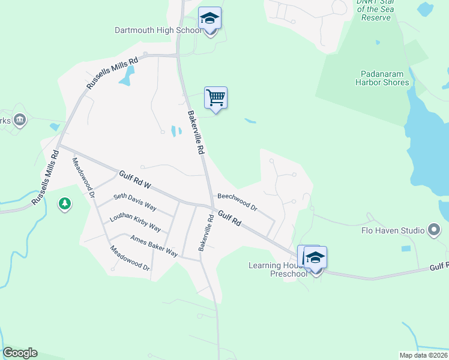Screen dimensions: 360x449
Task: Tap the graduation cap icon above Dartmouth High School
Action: coord(210,18)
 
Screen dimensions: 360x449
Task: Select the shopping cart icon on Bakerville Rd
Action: coord(215,97)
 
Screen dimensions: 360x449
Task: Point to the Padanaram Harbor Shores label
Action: coord(382,79)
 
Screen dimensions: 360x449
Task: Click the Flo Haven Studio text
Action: coord(393,230)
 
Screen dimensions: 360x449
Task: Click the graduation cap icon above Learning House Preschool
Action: coord(315,257)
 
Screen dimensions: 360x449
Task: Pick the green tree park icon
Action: coord(65,205)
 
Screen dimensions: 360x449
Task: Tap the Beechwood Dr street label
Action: coord(237,202)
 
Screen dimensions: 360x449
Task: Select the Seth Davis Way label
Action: coord(135,202)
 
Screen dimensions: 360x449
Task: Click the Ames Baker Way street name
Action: coord(154,245)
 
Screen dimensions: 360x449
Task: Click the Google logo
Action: coord(20,353)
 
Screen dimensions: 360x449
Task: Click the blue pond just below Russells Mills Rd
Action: coord(127,76)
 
